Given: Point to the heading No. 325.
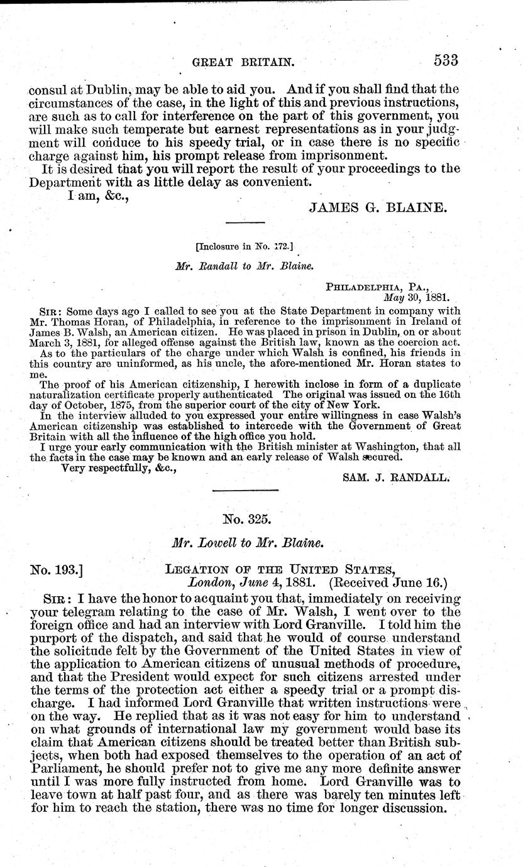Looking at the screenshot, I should pos(246,519).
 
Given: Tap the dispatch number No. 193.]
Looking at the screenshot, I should pos(57,570).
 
